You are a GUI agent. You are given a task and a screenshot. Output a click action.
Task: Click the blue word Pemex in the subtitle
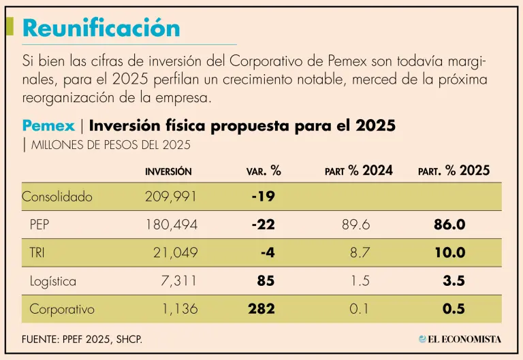(x=49, y=126)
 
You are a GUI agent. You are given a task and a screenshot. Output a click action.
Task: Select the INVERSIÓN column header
(x=168, y=171)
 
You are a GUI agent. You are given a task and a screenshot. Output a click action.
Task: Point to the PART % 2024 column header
(x=358, y=171)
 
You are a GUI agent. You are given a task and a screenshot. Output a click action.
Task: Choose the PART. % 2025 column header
(x=454, y=171)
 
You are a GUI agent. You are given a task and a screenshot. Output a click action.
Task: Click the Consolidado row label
(x=57, y=197)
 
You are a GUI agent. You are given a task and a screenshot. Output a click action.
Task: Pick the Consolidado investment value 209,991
(x=171, y=197)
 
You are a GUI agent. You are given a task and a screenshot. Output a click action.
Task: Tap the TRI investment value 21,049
(x=175, y=253)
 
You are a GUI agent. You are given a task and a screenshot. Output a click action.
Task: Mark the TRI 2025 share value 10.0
(x=449, y=253)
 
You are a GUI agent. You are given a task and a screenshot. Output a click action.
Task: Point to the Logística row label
(x=53, y=281)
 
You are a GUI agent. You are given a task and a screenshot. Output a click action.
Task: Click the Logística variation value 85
(x=266, y=281)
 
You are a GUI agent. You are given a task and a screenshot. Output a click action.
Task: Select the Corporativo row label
(x=62, y=309)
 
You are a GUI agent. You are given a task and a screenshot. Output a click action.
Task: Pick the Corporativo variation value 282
(x=261, y=309)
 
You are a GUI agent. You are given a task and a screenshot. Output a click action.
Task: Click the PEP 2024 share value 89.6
(x=355, y=225)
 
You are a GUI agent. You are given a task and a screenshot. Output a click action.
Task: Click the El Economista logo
(x=460, y=338)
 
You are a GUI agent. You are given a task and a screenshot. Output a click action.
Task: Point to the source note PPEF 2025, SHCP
(x=82, y=338)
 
